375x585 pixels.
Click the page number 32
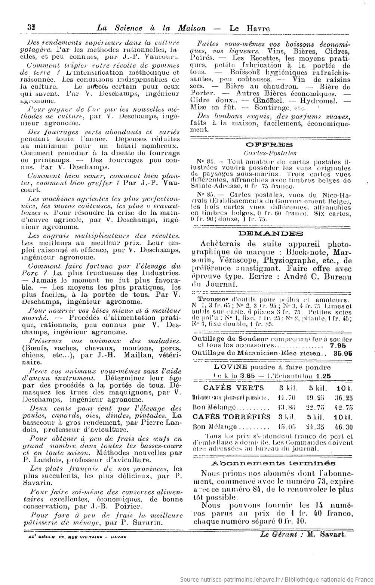31,28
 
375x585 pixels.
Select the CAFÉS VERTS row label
233,388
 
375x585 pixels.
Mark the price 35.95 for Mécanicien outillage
342,353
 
